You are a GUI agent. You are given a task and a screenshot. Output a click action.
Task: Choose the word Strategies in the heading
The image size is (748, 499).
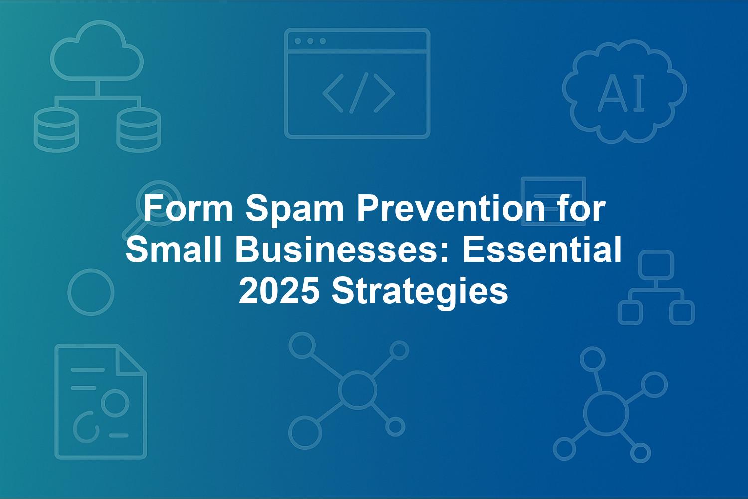click(419, 293)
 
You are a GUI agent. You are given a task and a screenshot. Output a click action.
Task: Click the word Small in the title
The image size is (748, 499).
click(174, 249)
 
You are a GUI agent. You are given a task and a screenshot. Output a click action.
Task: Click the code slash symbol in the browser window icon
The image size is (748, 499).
click(359, 93)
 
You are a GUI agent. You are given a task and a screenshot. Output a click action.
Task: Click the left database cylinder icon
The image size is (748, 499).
click(56, 130)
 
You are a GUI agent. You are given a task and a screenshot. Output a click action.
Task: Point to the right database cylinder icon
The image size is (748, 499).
click(139, 130)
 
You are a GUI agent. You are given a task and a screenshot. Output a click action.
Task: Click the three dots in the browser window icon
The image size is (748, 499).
click(310, 41)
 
